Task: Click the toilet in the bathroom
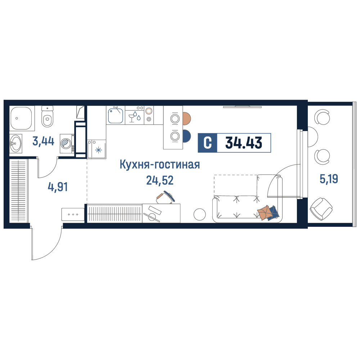(47, 116)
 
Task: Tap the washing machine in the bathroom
(67, 144)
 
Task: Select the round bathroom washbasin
(15, 144)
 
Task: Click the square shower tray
(21, 118)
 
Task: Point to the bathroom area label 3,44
(44, 141)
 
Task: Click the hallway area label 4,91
(58, 187)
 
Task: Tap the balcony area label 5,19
(329, 179)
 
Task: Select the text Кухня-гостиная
(160, 165)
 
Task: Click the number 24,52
(160, 180)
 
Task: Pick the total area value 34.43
(244, 143)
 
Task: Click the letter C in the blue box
(208, 143)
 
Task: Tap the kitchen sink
(116, 116)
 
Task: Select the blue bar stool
(186, 136)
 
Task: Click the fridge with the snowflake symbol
(96, 149)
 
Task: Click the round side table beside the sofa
(199, 215)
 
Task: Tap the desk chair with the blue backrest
(166, 197)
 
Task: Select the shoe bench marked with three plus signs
(73, 215)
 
